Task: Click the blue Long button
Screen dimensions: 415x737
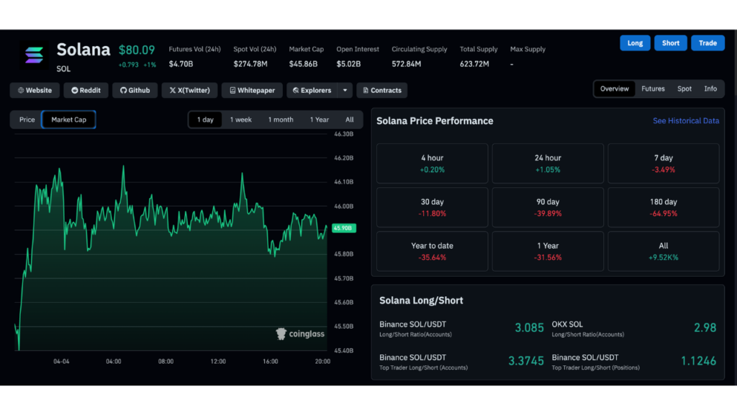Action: tap(635, 43)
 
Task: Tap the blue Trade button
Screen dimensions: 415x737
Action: tap(707, 43)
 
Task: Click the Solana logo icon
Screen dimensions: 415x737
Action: tap(34, 55)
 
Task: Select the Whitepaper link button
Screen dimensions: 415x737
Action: tap(252, 90)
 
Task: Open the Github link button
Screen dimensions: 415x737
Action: tap(135, 90)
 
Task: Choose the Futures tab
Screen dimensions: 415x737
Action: tap(653, 89)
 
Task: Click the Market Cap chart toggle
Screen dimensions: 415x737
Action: tap(68, 120)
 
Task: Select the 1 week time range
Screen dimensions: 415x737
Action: tap(240, 120)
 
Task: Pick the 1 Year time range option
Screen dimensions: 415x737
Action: tap(320, 120)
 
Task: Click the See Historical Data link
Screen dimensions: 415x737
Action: tap(685, 121)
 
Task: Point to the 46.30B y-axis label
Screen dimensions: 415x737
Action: tap(343, 134)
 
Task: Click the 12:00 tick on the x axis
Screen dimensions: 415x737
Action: tap(218, 361)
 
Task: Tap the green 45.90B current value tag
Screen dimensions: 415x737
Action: tap(342, 228)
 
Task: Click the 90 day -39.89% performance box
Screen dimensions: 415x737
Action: tap(548, 207)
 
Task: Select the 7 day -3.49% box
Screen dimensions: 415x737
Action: tap(663, 164)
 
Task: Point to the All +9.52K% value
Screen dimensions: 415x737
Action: tap(663, 257)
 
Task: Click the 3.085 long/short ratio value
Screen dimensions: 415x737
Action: tap(529, 327)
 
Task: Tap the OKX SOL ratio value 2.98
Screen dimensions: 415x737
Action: tap(705, 327)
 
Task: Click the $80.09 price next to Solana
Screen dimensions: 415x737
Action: tap(137, 50)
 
